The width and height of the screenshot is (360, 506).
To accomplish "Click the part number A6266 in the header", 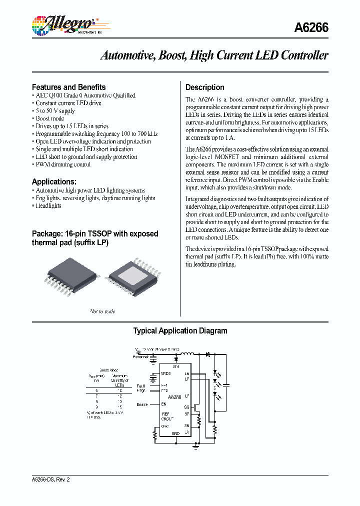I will (311, 27).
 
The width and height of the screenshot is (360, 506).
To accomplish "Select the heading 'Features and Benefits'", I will (68, 87).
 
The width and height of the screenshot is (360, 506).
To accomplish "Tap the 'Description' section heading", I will (204, 87).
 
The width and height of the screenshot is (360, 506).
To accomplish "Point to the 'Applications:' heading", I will (54, 181).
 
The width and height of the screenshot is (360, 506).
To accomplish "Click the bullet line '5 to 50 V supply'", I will (55, 111).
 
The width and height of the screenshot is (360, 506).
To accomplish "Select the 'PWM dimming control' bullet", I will (63, 164).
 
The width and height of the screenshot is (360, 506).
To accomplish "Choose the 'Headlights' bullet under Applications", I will (48, 205).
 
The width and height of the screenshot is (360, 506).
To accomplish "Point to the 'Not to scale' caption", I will (102, 311).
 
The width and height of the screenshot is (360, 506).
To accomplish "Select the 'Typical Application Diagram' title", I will (180, 331).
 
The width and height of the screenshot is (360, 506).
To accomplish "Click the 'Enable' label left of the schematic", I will (141, 403).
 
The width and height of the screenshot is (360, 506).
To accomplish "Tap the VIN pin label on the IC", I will (175, 367).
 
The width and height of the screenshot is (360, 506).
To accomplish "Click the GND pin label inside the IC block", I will (175, 433).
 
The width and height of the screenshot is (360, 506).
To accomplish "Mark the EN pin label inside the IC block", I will (164, 403).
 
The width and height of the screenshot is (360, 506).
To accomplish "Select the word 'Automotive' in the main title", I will (128, 55).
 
